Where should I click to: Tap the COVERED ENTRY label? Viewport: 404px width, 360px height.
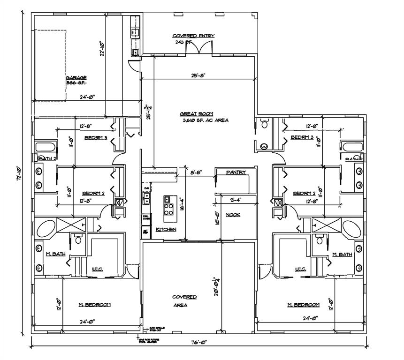[193, 36]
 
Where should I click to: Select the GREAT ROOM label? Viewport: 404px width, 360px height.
[197, 113]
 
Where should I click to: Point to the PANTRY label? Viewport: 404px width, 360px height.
[236, 172]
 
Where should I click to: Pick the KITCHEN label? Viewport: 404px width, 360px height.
[166, 229]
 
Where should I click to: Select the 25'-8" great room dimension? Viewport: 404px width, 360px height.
[198, 75]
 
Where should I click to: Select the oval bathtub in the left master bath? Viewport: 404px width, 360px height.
[46, 230]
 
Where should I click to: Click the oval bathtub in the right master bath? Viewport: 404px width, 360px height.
[351, 229]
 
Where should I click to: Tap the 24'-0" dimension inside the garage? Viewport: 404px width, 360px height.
[87, 97]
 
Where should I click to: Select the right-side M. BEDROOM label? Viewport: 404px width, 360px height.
[303, 305]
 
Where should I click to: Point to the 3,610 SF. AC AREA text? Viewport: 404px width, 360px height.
[206, 120]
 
